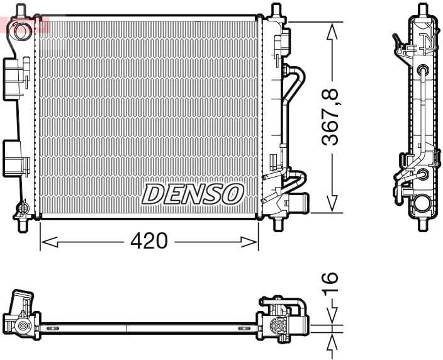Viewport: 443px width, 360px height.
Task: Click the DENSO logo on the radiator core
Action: click(193, 194)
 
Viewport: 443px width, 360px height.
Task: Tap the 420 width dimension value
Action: click(149, 240)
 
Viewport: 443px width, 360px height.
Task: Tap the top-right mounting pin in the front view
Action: click(275, 11)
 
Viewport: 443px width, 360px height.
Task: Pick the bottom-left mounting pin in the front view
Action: click(23, 224)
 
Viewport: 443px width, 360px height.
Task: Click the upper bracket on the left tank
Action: click(15, 78)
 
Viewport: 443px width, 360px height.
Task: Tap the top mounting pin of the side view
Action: click(422, 11)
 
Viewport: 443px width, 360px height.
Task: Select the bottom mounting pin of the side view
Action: click(422, 223)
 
